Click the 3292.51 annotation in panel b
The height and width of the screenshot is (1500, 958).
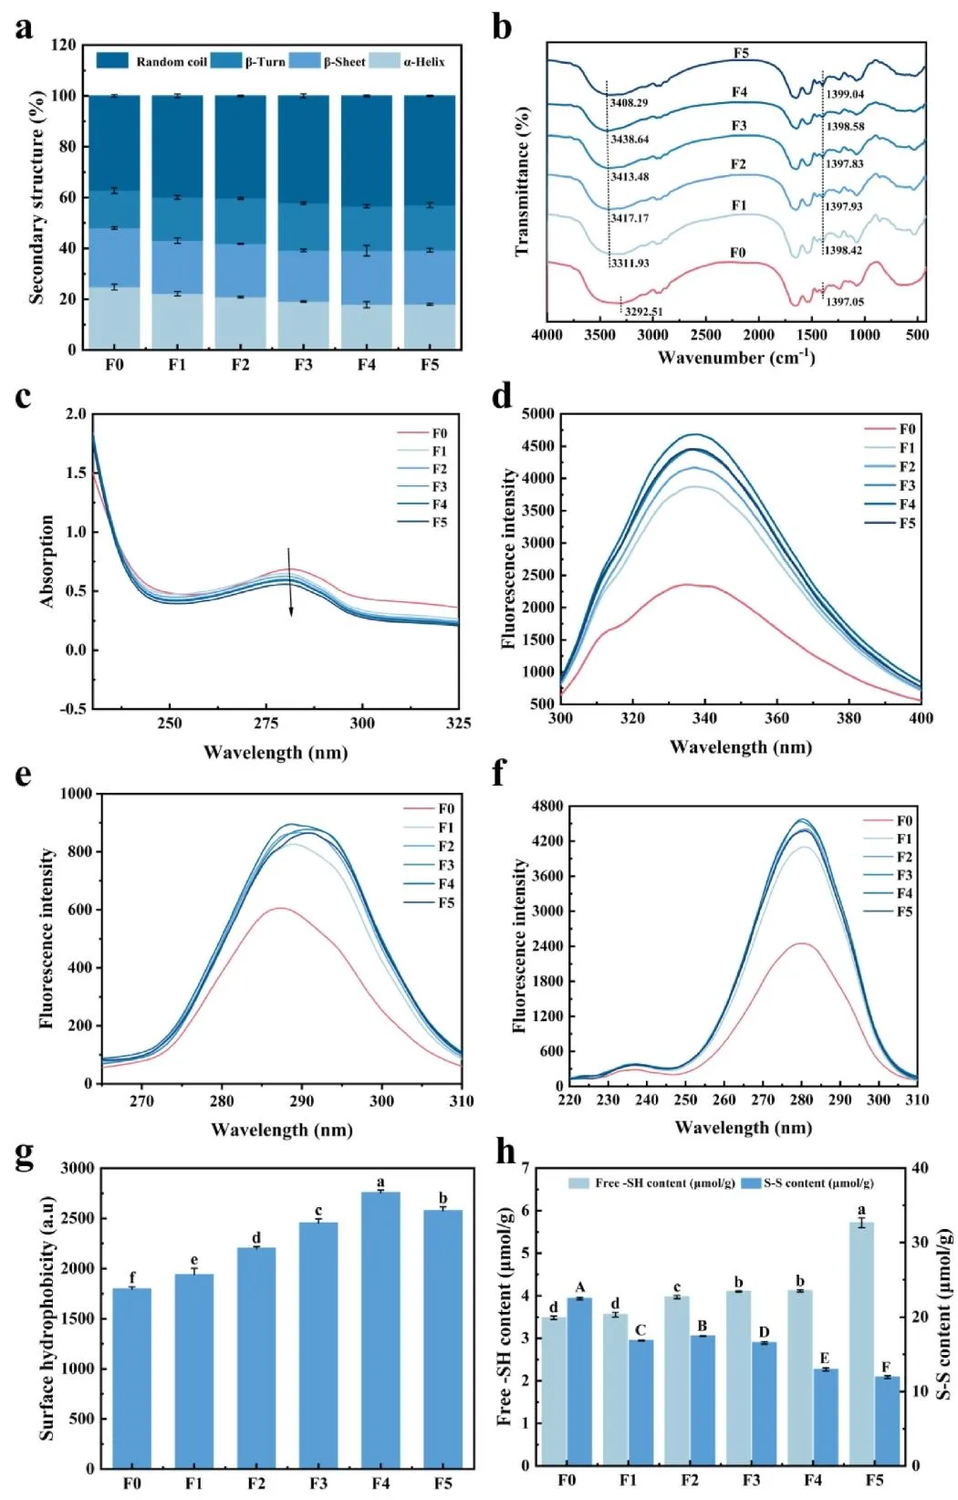point(643,312)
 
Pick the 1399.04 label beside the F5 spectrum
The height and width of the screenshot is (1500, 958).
point(845,94)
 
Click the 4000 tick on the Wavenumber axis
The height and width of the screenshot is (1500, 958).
point(547,335)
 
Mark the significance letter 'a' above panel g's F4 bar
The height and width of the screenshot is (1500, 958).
point(380,1182)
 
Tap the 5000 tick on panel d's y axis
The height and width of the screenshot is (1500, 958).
point(537,414)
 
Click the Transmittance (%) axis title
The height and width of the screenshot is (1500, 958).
point(523,182)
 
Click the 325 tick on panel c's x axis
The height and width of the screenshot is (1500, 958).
point(459,723)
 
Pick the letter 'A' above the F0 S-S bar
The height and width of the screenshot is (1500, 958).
point(580,1287)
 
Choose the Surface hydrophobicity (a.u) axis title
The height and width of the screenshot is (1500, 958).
point(47,1318)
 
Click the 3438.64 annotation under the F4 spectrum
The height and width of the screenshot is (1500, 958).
point(630,140)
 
